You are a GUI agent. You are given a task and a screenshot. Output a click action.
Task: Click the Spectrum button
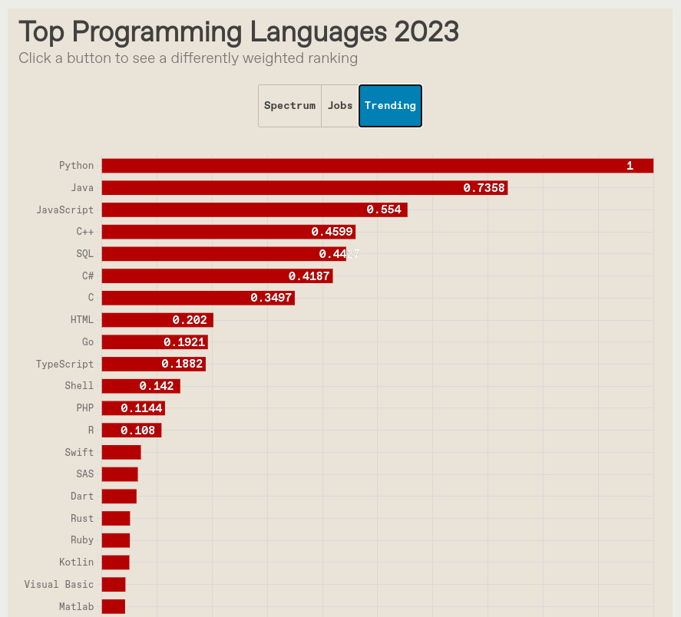click(289, 106)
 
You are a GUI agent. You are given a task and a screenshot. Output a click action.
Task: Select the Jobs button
click(340, 106)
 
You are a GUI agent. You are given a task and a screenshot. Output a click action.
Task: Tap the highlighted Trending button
click(390, 106)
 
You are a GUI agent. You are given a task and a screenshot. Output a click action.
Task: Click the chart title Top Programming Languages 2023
click(239, 32)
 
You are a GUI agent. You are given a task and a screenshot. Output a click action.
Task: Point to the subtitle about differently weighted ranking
click(188, 58)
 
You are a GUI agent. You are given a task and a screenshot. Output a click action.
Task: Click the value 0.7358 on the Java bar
click(484, 188)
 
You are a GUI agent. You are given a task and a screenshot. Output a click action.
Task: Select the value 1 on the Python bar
click(630, 166)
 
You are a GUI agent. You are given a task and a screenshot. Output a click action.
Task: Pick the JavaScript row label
click(65, 210)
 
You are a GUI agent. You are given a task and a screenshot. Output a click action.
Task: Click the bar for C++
click(228, 232)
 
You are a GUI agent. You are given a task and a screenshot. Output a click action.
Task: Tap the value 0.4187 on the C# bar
click(309, 276)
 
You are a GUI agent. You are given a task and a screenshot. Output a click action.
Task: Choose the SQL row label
click(84, 253)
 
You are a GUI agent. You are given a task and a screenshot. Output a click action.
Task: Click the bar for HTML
click(157, 320)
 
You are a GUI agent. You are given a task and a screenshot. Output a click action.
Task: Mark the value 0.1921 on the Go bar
click(184, 342)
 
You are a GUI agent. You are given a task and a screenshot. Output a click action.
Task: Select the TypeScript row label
click(65, 364)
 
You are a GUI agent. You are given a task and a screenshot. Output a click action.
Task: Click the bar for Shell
click(140, 386)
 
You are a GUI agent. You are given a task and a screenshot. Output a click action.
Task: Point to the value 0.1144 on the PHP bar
click(141, 408)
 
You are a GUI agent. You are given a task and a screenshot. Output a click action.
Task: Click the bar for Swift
click(121, 452)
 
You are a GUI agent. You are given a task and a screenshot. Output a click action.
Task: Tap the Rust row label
click(82, 519)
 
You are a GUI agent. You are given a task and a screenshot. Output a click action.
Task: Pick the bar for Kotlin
click(115, 563)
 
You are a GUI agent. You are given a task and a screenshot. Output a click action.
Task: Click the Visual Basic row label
click(59, 584)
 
